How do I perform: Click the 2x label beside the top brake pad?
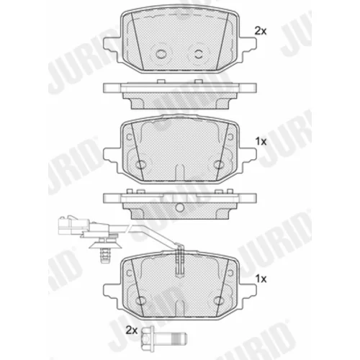point(261,31)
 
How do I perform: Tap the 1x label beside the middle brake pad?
point(261,142)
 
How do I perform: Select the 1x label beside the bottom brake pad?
point(261,279)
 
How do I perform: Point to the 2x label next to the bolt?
point(132,330)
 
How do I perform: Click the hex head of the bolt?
point(147,339)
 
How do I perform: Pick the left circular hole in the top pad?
point(161,53)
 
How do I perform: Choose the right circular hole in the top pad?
point(199,53)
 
